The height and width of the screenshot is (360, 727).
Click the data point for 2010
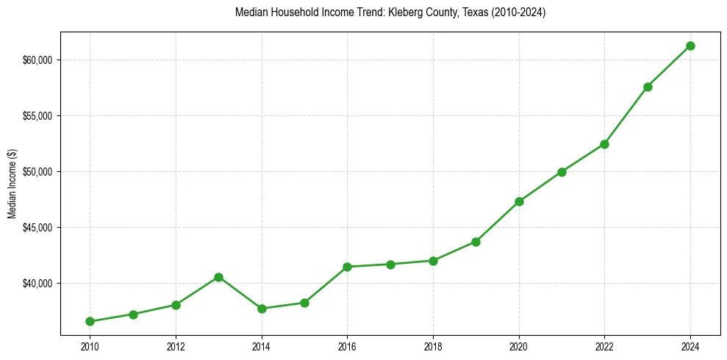(x=90, y=321)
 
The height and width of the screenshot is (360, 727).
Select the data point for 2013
(x=218, y=277)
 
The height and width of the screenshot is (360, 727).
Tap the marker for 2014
(x=262, y=309)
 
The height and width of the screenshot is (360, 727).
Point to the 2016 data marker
(x=347, y=267)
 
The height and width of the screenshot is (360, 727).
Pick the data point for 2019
(x=476, y=242)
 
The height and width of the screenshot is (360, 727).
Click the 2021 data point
(x=562, y=172)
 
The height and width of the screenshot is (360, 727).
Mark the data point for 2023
(x=648, y=87)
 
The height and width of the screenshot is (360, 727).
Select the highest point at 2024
(x=690, y=46)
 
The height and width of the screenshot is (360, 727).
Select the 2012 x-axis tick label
(x=176, y=346)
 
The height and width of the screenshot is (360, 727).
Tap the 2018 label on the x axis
(x=433, y=346)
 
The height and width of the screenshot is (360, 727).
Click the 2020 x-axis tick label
(x=519, y=346)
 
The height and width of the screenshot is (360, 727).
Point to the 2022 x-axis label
(x=604, y=346)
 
